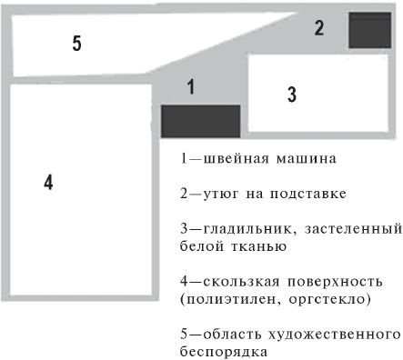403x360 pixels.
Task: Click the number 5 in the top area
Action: coord(77,43)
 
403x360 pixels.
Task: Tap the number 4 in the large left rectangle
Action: coord(48,182)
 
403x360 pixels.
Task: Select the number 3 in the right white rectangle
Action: coord(291,94)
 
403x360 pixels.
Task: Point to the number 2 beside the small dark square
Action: coord(318,27)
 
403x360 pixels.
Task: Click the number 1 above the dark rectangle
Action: coord(190,87)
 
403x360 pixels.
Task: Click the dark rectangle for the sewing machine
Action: coord(200,120)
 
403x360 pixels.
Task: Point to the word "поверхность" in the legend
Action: coord(327,281)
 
